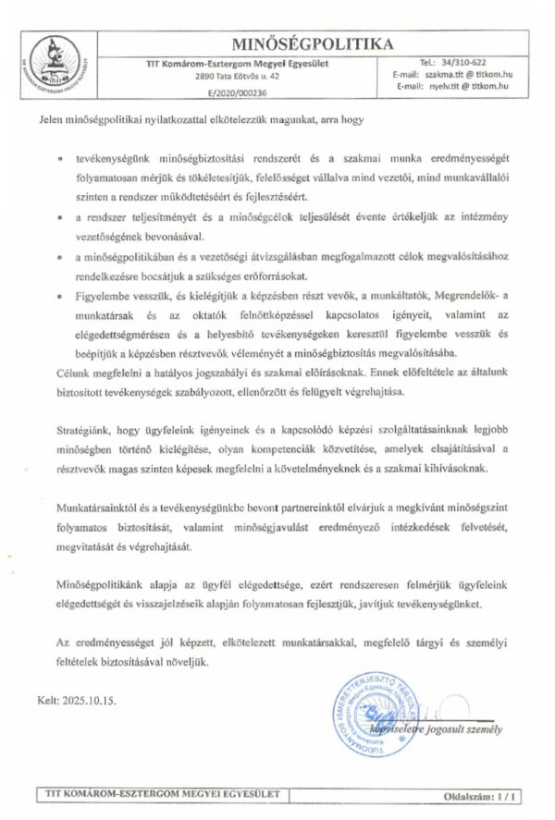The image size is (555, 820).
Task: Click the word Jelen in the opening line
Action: [51, 119]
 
